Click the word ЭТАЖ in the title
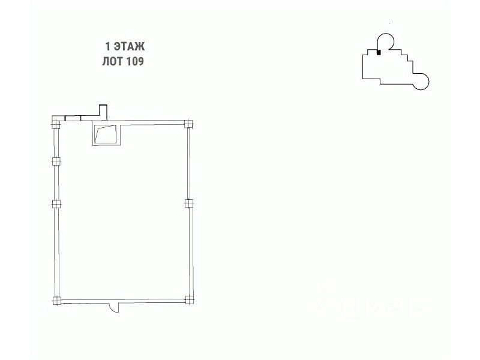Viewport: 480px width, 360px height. click(x=129, y=47)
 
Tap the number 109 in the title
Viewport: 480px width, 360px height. click(x=135, y=61)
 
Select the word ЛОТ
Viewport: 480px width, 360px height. click(x=113, y=61)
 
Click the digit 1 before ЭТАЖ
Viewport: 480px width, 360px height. click(x=107, y=47)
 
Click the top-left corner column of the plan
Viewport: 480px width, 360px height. click(x=56, y=125)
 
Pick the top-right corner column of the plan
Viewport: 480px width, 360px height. click(x=188, y=124)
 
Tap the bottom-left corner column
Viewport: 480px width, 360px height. click(x=57, y=301)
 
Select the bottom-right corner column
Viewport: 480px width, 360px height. click(x=190, y=299)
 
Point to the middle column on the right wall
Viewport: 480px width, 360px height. click(x=189, y=203)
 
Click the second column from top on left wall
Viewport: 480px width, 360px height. click(x=56, y=161)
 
